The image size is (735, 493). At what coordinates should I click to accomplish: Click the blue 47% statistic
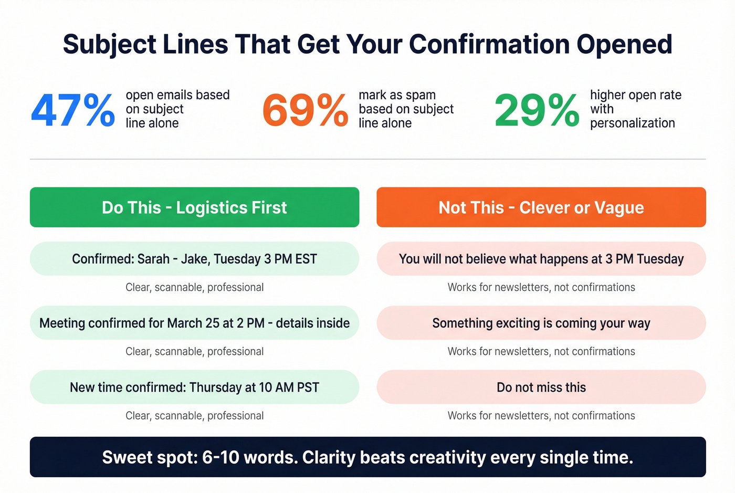coord(72,110)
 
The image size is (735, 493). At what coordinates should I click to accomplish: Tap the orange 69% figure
coord(305,110)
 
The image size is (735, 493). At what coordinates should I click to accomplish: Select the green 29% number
coord(537,110)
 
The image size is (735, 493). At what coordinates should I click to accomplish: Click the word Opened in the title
coord(624,44)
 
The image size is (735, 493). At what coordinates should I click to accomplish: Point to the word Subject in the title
coord(110,44)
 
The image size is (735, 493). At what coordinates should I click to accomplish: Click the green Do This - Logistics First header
coord(194,207)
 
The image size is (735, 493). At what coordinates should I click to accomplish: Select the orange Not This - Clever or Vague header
coord(541,207)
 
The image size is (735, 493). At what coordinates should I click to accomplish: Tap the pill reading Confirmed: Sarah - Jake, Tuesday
coord(194,259)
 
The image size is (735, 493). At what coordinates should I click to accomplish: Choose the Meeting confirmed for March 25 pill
coord(194,323)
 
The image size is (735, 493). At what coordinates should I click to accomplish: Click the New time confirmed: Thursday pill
coord(194,387)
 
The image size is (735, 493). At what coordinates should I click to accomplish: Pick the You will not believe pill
coord(541,259)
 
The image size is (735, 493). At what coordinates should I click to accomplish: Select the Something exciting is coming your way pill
coord(541,323)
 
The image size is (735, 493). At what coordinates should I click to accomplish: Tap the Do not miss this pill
coord(541,387)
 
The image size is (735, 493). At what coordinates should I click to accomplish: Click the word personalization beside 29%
coord(632,123)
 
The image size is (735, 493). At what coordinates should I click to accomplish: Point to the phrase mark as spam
coord(397,95)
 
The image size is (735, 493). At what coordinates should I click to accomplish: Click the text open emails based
coord(177,95)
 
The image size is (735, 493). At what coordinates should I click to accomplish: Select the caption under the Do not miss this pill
coord(541,416)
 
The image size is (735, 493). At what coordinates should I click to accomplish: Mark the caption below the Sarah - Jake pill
coord(194,287)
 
